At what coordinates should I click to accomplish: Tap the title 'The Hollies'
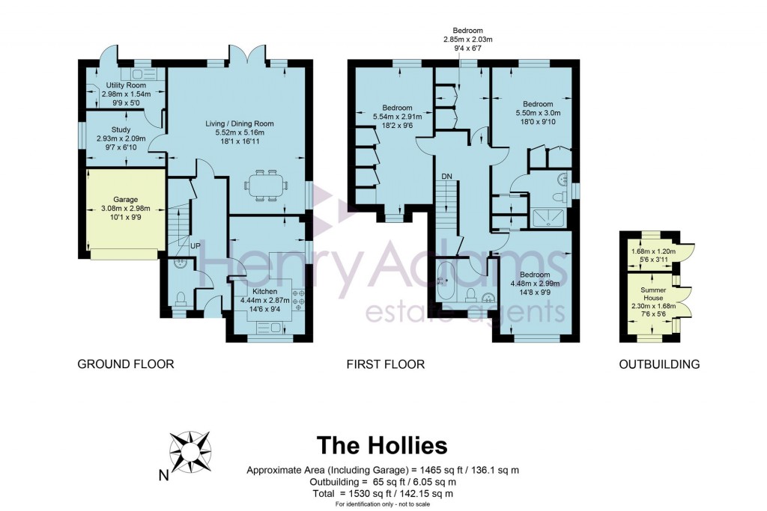[382, 445]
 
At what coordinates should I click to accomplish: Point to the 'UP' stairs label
[195, 246]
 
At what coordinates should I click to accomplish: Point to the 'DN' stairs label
[446, 176]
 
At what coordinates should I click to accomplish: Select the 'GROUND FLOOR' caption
[126, 364]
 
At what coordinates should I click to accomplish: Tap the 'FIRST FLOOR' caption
[385, 364]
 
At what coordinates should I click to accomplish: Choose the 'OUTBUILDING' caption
[659, 364]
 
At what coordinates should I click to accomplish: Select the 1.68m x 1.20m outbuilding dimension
[654, 251]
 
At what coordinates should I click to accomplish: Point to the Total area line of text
[383, 493]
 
